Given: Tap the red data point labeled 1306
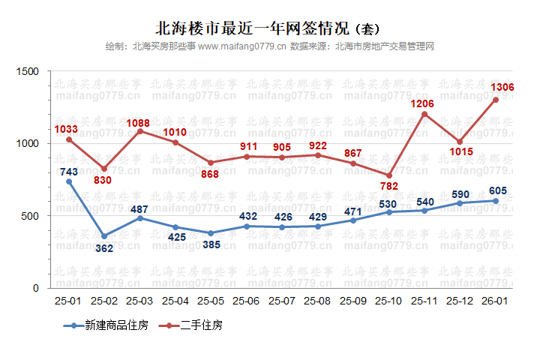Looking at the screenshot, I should (496, 100).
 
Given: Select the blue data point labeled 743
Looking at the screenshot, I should (69, 181).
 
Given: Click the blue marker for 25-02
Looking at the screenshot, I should (104, 235).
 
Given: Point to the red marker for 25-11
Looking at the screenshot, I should (424, 114).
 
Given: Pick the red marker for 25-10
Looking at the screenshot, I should (389, 175).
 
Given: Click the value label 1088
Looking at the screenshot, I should (140, 122).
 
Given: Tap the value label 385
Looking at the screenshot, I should (211, 246).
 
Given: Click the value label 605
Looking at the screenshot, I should (496, 190).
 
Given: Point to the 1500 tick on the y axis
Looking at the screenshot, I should (28, 71).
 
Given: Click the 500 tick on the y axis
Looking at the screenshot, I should (31, 216).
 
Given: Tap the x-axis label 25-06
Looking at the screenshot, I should (247, 301).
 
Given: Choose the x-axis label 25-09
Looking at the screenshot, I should (353, 301).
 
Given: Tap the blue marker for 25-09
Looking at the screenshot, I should (353, 220).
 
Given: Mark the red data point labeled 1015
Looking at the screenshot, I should (460, 142).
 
